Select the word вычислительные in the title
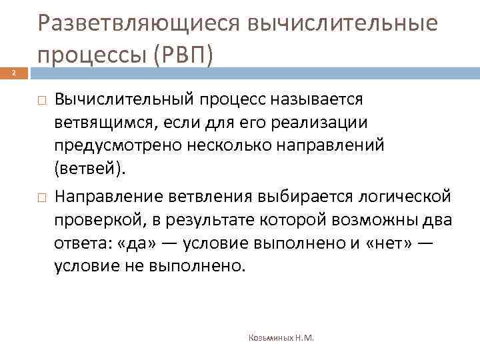pyautogui.click(x=343, y=24)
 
